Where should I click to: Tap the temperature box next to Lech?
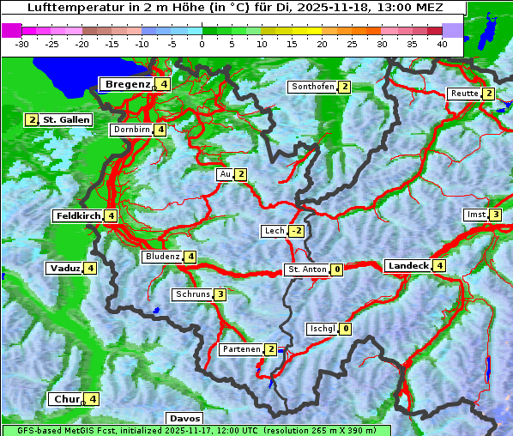coord(297,231)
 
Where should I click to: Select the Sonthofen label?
coord(312,87)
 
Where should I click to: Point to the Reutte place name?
coord(465,94)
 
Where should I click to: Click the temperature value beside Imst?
coord(495,215)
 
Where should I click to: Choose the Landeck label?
coord(407,266)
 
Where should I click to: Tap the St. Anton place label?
coord(307,269)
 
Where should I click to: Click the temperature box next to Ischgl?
coord(345,328)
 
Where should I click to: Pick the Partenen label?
coord(241,349)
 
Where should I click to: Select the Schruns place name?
coord(192,294)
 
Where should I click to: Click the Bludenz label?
coord(162,257)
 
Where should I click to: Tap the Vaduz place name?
coord(65,268)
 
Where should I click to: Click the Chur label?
coord(67,399)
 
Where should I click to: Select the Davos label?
coord(184,418)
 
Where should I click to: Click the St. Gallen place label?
coord(66,120)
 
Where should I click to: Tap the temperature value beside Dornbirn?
coord(160,130)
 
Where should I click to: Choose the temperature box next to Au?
coord(241,174)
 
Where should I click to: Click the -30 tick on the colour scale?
coord(22,43)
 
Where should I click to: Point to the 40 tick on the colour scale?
coord(441,43)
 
